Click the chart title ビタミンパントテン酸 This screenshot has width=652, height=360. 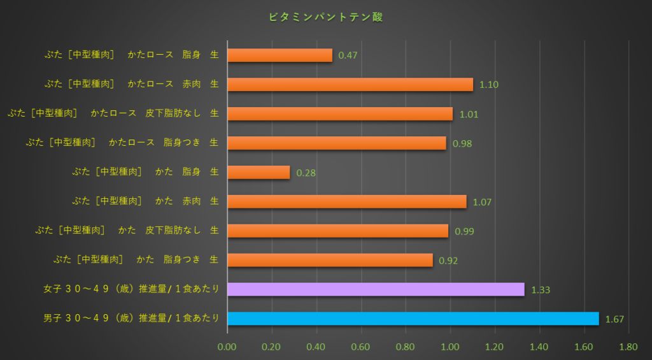click(x=326, y=17)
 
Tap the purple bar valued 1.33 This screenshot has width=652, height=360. click(x=376, y=289)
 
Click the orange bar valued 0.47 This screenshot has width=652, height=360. click(x=280, y=55)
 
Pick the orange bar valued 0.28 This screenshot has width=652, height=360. click(x=259, y=173)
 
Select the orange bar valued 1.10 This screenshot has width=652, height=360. click(x=350, y=85)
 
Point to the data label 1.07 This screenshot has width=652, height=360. click(x=481, y=202)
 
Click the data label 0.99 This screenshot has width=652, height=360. click(x=464, y=231)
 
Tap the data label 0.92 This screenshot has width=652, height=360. click(x=448, y=261)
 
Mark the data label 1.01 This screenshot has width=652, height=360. click(x=468, y=115)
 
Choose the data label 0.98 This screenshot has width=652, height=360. click(x=462, y=144)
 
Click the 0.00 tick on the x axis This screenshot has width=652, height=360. click(x=227, y=347)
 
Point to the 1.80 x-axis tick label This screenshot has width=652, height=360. click(x=628, y=347)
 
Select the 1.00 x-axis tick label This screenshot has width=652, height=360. click(x=450, y=347)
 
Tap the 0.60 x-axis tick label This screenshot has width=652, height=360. click(x=361, y=347)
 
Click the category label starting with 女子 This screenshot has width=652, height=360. click(x=131, y=289)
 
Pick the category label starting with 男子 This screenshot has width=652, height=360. click(x=131, y=318)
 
